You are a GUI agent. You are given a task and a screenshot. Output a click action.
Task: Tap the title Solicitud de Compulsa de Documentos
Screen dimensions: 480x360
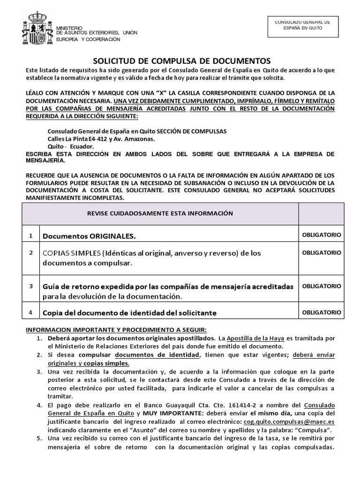click(x=180, y=60)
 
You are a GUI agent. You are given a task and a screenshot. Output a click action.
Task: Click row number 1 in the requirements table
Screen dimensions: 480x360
click(x=30, y=234)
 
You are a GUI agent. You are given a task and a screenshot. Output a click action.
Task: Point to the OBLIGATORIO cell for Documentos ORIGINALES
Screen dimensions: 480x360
click(x=321, y=234)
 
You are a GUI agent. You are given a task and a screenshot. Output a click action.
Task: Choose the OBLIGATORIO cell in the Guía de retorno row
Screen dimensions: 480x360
click(x=321, y=285)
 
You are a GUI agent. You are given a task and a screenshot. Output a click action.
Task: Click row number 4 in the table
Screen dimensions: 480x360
click(x=30, y=312)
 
